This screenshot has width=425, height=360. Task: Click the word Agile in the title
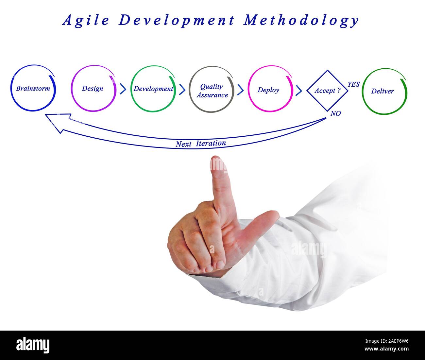86,21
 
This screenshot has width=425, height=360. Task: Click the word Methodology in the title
301,21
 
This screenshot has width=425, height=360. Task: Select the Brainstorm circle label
33,88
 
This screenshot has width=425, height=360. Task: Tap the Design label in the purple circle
93,89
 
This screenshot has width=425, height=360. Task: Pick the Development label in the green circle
153,89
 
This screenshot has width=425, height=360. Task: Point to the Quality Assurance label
212,91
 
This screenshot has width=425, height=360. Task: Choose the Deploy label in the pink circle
268,90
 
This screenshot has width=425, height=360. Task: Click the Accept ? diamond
328,91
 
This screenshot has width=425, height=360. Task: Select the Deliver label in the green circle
382,91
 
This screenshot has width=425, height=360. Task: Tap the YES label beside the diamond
354,84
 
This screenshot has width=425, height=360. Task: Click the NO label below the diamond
335,113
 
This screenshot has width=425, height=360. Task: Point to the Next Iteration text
201,144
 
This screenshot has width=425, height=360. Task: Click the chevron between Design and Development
123,89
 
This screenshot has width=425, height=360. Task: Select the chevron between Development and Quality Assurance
182,89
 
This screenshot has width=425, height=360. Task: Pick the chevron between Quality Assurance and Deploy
240,90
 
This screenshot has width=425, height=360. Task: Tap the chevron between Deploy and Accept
299,90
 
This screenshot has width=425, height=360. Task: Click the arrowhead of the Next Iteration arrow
45,114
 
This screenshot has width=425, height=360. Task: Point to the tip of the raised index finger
215,156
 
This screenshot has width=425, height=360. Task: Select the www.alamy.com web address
386,349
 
